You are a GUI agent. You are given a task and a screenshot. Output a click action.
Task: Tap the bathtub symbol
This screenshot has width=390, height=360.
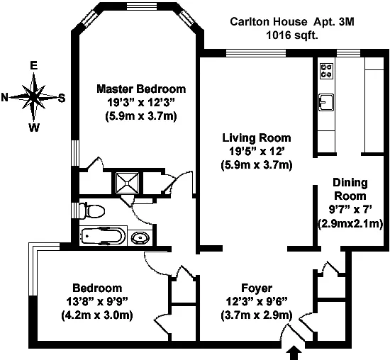[x=104, y=236]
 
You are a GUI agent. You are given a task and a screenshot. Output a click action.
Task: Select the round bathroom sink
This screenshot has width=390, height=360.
[x=140, y=238]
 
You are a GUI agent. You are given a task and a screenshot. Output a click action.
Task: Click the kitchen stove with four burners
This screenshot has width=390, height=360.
[x=327, y=71]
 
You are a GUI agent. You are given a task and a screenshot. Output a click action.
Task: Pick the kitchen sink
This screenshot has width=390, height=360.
[x=326, y=102]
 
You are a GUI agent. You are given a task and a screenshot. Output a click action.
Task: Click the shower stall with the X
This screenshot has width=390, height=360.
[x=127, y=183]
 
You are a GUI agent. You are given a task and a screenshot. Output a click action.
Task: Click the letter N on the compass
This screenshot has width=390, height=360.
[x=5, y=97]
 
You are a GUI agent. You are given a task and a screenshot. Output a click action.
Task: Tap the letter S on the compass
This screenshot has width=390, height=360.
[x=62, y=99]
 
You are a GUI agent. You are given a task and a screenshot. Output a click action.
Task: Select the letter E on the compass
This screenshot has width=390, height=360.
[x=33, y=65]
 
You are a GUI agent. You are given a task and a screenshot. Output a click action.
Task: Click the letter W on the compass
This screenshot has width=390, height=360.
[x=34, y=128]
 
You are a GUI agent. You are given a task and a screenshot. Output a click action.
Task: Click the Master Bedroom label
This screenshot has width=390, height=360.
[x=141, y=89]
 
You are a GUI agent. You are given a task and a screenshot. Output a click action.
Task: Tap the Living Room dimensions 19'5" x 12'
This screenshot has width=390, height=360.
[x=257, y=151]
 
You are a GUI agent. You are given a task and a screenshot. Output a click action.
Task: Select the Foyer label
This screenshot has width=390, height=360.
[x=257, y=288]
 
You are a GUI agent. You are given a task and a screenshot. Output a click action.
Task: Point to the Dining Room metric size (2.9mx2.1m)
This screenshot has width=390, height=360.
[x=350, y=224]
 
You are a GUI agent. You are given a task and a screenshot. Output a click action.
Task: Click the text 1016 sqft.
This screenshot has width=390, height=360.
[x=292, y=35]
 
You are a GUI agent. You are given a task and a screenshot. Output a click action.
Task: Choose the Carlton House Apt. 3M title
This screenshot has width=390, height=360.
[x=291, y=22]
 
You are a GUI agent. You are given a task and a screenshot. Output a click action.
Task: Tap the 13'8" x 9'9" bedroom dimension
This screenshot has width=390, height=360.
[x=97, y=302]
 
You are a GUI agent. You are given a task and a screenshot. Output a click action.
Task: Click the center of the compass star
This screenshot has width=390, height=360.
[x=33, y=98]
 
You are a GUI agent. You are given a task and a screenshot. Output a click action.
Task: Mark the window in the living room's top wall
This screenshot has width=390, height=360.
[x=256, y=53]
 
